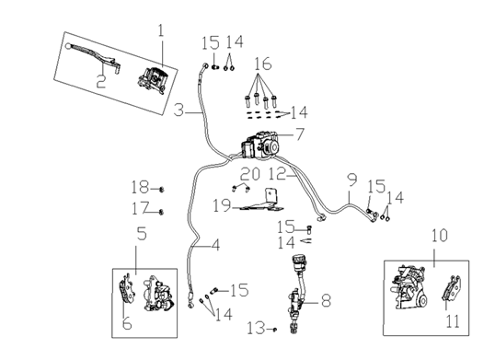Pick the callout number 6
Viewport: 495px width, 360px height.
[x=127, y=324]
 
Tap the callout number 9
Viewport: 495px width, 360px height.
[x=351, y=179]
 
